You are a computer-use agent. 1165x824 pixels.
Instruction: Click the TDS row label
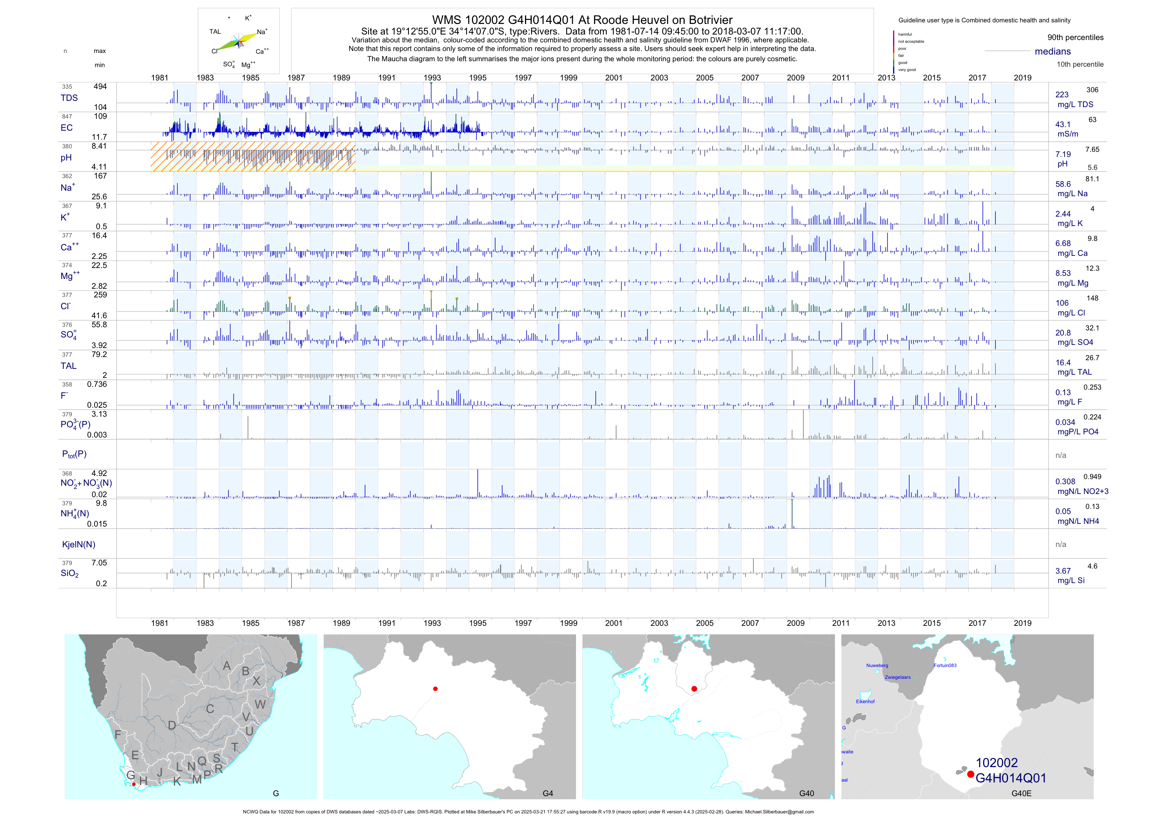(x=69, y=98)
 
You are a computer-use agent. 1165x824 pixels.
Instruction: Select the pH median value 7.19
(x=1063, y=154)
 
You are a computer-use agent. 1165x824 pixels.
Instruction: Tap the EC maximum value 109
(x=100, y=116)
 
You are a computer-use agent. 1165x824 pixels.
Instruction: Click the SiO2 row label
(x=69, y=573)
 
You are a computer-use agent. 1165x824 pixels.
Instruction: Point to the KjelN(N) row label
(x=78, y=545)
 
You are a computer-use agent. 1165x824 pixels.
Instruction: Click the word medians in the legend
(x=1052, y=51)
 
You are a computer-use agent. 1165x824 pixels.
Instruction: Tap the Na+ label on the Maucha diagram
(x=262, y=32)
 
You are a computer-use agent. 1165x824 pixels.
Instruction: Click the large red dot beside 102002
(x=970, y=774)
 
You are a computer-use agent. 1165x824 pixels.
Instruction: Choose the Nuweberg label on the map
(x=877, y=665)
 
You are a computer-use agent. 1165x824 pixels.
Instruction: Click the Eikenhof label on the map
(x=865, y=701)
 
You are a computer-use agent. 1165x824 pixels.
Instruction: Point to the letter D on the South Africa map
(x=172, y=726)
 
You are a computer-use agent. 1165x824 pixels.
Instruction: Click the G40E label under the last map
(x=1021, y=793)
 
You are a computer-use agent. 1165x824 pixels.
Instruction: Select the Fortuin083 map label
(x=945, y=665)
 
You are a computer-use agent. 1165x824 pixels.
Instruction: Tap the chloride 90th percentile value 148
(x=1092, y=298)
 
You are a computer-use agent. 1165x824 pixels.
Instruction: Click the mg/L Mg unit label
(x=1073, y=283)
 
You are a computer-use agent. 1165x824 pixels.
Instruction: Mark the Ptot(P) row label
(x=74, y=454)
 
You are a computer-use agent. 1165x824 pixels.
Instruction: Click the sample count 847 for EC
(x=67, y=117)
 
